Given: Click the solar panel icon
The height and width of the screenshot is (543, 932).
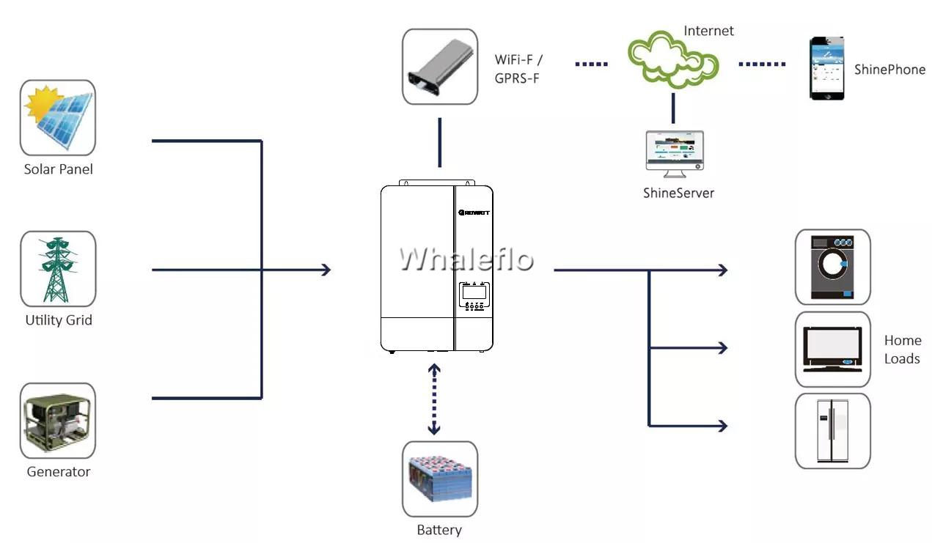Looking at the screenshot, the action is [58, 118].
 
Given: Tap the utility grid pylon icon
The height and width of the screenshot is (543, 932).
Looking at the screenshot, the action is [58, 269].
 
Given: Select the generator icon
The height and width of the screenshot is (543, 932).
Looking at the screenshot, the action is [58, 421].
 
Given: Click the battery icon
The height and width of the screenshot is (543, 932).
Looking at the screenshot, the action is [440, 479].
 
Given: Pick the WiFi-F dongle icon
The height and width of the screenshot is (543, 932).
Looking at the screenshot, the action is [440, 67].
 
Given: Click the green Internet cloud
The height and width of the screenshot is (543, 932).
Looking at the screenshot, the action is [673, 59].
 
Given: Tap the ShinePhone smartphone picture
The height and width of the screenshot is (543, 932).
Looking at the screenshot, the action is [826, 68].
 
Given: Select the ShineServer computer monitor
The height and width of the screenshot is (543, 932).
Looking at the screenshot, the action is [675, 154].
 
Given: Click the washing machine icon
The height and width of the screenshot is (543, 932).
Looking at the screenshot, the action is [832, 267].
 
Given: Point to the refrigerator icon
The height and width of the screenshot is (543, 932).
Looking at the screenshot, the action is [832, 431].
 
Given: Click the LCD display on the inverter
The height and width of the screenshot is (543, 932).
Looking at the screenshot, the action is [474, 292].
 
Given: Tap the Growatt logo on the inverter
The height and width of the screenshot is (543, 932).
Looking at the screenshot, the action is [474, 213].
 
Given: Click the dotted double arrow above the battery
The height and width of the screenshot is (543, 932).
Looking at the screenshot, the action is [434, 399].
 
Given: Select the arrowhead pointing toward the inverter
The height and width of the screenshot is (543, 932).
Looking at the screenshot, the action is [326, 270].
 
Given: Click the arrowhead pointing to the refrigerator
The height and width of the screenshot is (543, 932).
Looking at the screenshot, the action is [723, 425].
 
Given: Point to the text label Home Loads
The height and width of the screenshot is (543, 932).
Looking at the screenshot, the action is [903, 350].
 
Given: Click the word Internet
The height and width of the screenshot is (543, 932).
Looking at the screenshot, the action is [708, 31].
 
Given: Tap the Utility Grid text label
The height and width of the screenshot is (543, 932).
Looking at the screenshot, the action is [59, 320].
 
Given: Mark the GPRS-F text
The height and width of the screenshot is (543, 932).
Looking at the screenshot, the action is [517, 78].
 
